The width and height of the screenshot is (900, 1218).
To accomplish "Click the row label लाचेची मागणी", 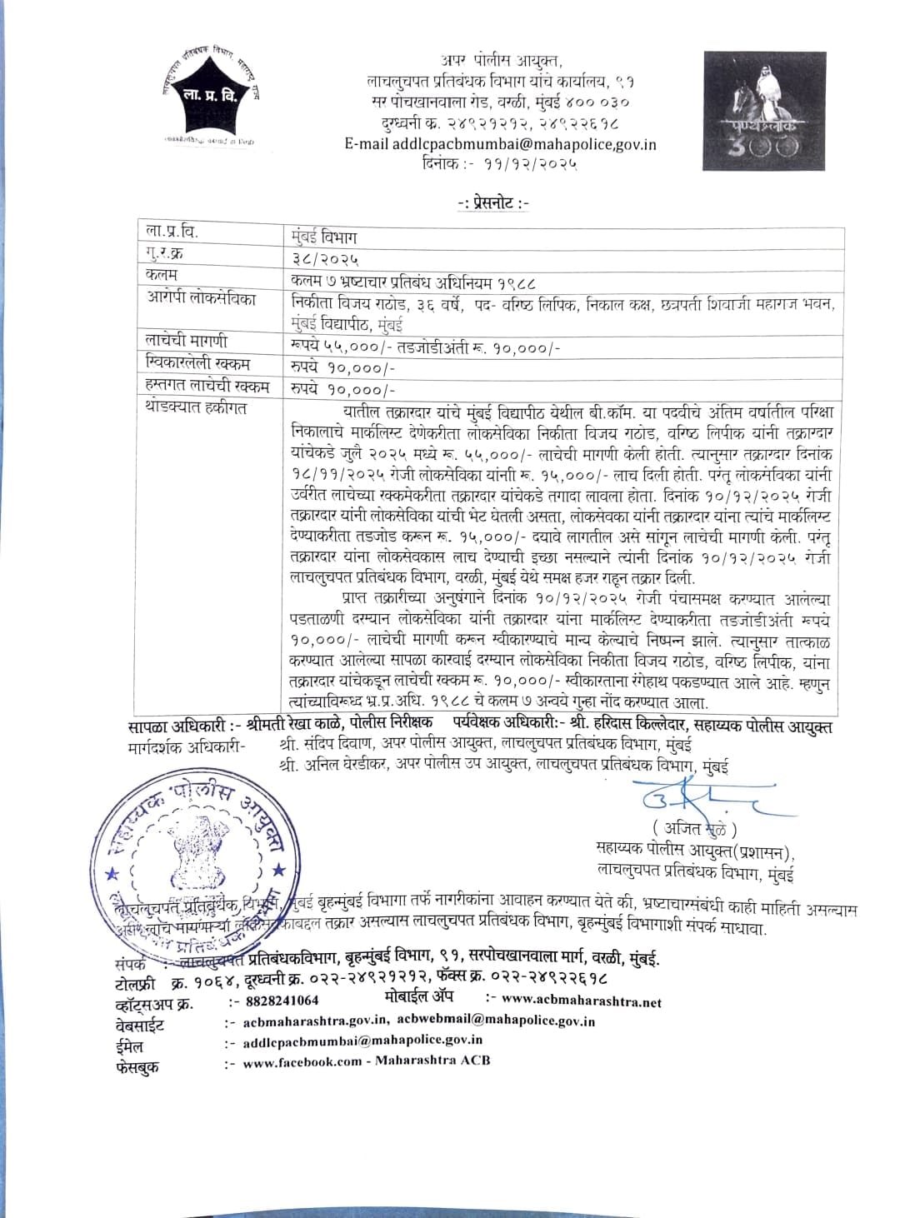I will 186,342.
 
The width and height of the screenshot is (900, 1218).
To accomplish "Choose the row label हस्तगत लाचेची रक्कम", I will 207,387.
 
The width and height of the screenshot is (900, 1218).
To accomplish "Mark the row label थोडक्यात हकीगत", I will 196,408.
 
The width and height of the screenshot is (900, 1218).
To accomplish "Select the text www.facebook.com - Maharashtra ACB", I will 366,1061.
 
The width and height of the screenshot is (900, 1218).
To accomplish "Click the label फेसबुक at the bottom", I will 137,1066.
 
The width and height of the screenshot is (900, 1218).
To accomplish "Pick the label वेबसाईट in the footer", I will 139,1025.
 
